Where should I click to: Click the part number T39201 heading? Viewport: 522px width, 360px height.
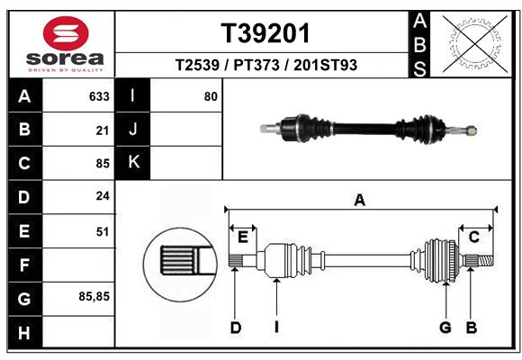(x=265, y=33)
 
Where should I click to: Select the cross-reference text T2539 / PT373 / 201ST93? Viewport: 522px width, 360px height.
(x=265, y=65)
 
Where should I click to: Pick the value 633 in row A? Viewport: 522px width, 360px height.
(x=99, y=96)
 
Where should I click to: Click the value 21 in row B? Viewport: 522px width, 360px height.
(x=102, y=130)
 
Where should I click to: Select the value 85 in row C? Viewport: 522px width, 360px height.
(x=102, y=164)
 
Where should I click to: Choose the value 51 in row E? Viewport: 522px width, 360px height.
(x=102, y=231)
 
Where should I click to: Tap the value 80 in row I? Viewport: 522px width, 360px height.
(x=211, y=96)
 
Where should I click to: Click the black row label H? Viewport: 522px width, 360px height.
(x=23, y=333)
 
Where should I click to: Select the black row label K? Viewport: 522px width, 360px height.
(x=133, y=163)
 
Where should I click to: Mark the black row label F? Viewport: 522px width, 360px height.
(x=23, y=265)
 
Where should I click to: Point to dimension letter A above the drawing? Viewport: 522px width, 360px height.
(x=359, y=201)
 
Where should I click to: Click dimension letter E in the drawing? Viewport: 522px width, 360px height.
(x=243, y=237)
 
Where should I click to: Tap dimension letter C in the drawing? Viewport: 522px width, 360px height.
(x=473, y=237)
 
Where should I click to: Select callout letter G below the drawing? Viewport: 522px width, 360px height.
(x=445, y=328)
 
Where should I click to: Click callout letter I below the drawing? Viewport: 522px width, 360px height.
(x=277, y=328)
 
